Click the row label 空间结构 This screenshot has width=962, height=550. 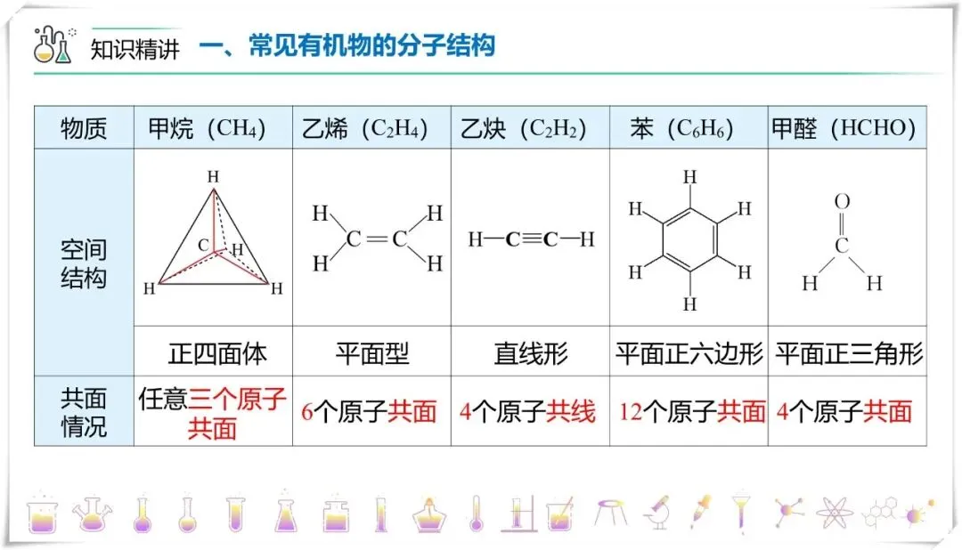click(83, 263)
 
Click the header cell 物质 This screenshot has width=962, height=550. click(83, 129)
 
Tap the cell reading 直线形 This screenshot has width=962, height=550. click(531, 354)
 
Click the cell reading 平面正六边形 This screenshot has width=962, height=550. click(689, 354)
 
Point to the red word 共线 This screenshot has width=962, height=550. click(571, 412)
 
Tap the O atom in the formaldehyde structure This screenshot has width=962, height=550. click(842, 202)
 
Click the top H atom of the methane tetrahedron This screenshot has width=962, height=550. click(213, 176)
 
